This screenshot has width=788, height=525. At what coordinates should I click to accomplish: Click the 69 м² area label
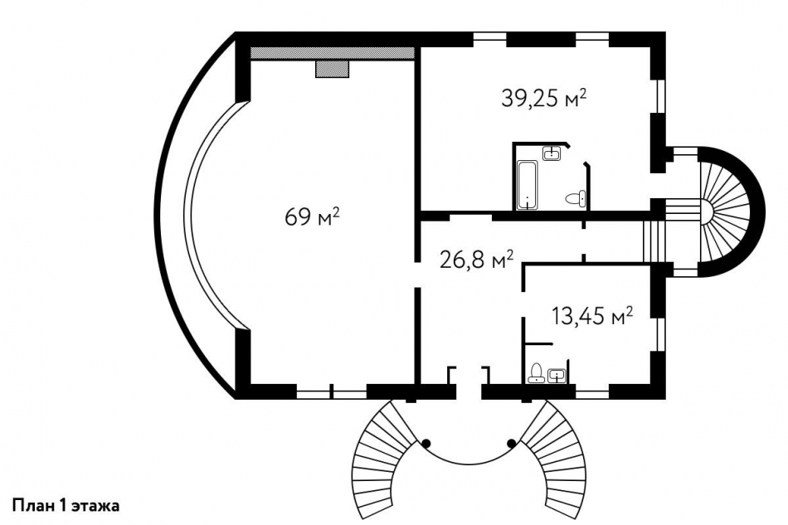(312, 217)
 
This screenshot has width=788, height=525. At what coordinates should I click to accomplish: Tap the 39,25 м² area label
(544, 98)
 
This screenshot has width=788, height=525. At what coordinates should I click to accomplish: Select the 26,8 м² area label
(476, 260)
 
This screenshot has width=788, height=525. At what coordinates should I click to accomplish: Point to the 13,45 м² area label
(592, 317)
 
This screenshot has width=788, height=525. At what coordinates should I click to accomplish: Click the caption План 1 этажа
(66, 505)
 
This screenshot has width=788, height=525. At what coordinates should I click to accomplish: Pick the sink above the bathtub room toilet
(552, 153)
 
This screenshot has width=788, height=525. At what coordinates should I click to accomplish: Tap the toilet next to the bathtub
(575, 198)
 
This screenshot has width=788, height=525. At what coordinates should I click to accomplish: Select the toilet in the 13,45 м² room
(537, 372)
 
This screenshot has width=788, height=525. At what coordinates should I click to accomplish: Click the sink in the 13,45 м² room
(557, 375)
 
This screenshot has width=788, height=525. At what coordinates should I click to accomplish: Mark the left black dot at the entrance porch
(426, 443)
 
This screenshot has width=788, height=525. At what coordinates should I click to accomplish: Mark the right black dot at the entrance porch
(512, 443)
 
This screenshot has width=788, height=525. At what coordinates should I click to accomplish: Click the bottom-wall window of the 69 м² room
(332, 391)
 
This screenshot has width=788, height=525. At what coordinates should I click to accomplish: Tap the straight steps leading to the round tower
(654, 241)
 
